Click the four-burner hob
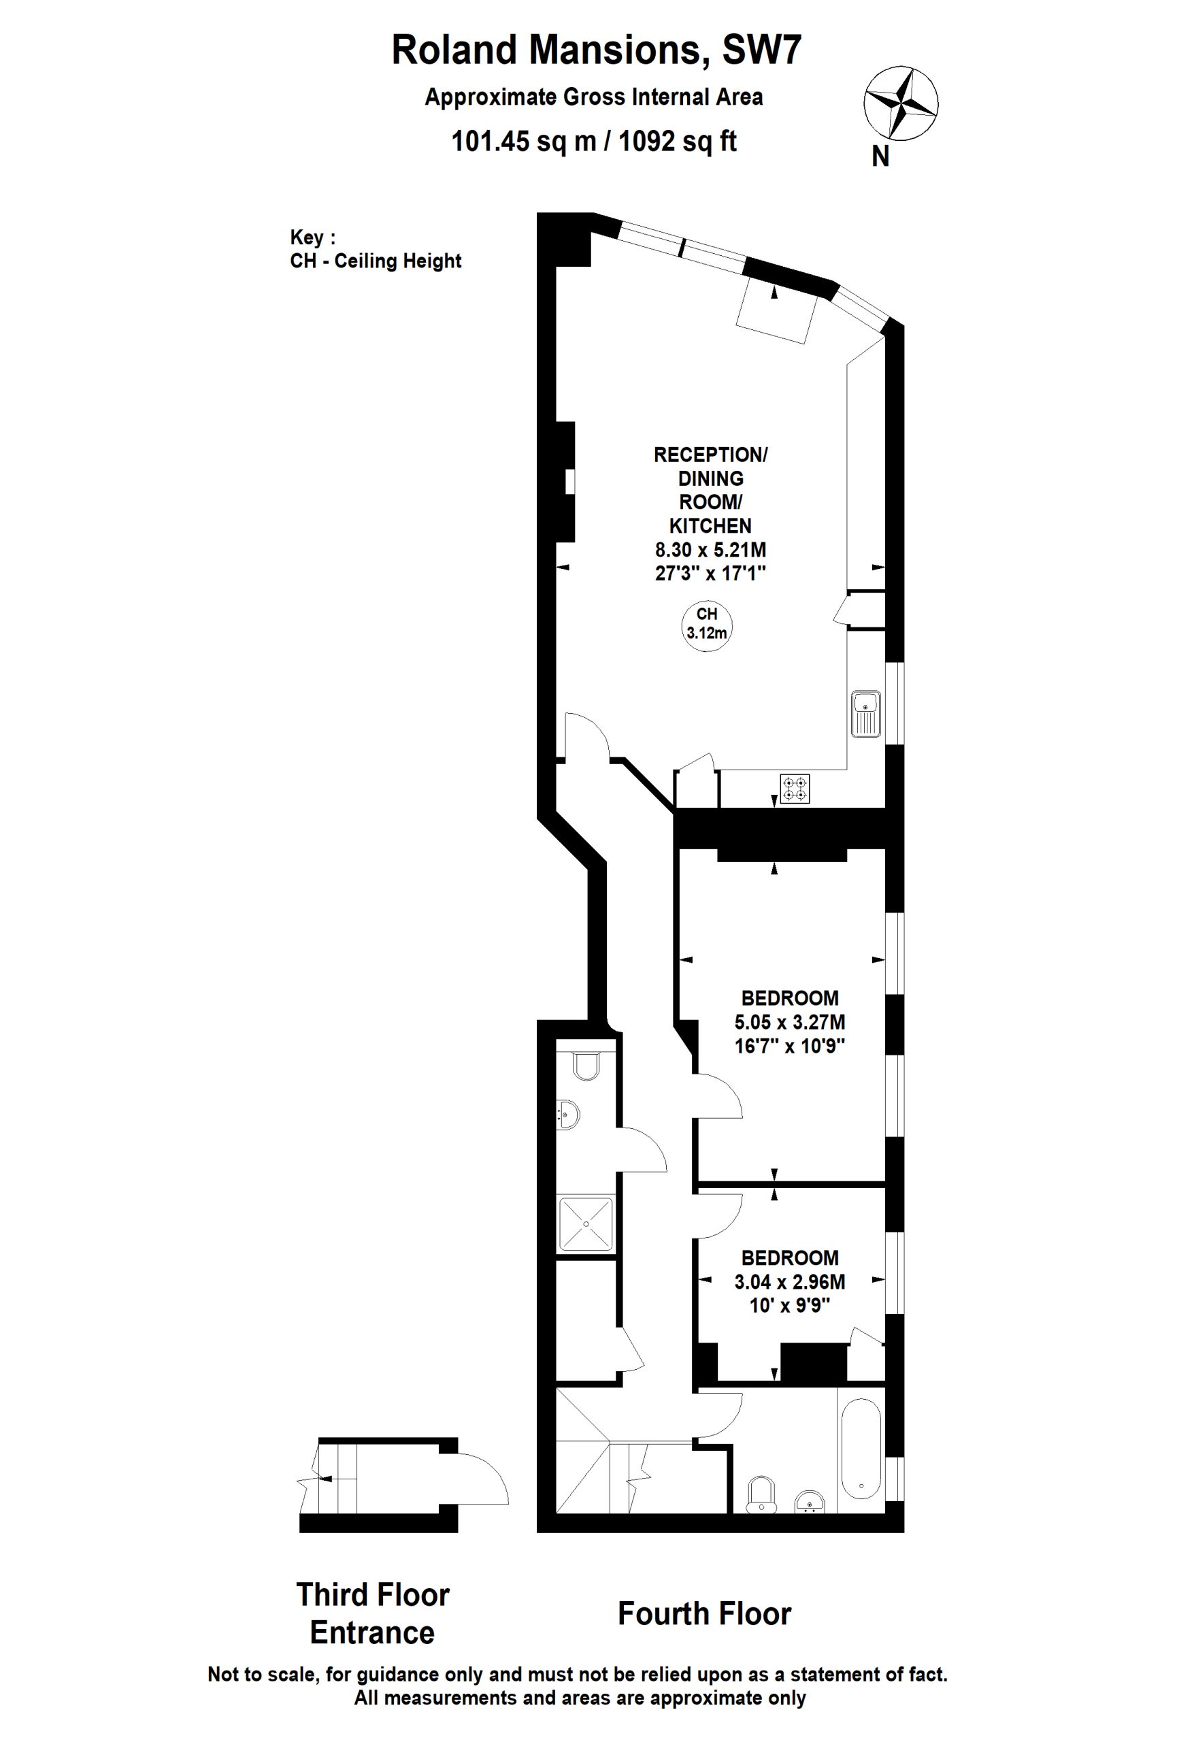795,789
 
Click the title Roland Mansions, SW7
597,50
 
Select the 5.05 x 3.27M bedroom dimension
790,1021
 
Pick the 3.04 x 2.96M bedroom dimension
790,1282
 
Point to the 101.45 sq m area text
524,141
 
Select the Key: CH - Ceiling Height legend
376,250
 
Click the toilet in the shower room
585,1066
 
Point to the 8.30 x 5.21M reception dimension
710,549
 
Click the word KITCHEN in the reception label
710,526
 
